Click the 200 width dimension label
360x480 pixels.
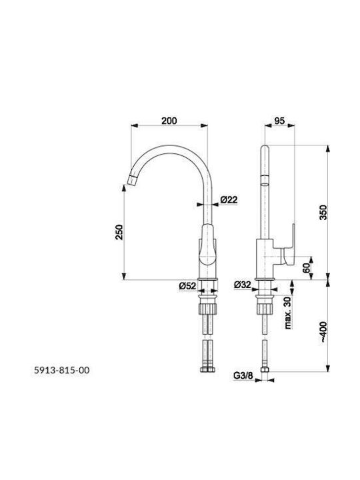(169, 121)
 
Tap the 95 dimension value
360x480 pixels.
(279, 121)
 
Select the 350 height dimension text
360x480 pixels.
(323, 213)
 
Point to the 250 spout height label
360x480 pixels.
(119, 233)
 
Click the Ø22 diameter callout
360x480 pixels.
(229, 199)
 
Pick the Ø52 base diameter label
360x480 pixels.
(187, 286)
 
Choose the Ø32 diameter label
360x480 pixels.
(243, 285)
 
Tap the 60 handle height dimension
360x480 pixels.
(306, 269)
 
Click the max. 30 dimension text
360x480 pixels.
(288, 313)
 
